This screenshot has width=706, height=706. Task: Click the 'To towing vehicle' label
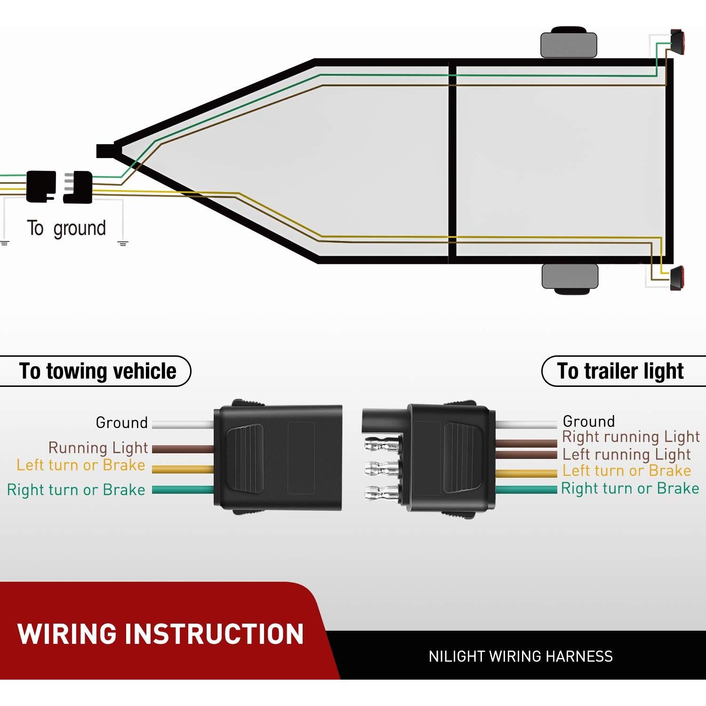tap(97, 371)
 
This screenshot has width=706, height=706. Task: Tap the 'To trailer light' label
tap(620, 371)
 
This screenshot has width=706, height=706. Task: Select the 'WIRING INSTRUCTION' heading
tap(160, 634)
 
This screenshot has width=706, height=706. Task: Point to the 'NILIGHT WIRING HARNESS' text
tap(521, 657)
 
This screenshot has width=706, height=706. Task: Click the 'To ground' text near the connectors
tap(66, 228)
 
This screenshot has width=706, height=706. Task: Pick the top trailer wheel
tap(569, 44)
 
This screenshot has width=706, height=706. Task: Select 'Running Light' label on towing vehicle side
tap(98, 447)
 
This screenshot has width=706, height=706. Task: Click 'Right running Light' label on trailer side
tap(631, 437)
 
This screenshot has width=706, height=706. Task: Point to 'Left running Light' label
tap(626, 454)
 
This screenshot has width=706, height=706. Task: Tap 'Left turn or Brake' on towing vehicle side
tap(80, 465)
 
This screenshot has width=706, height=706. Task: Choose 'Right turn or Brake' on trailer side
tap(630, 489)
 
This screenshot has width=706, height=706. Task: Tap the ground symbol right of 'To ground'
tap(123, 243)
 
